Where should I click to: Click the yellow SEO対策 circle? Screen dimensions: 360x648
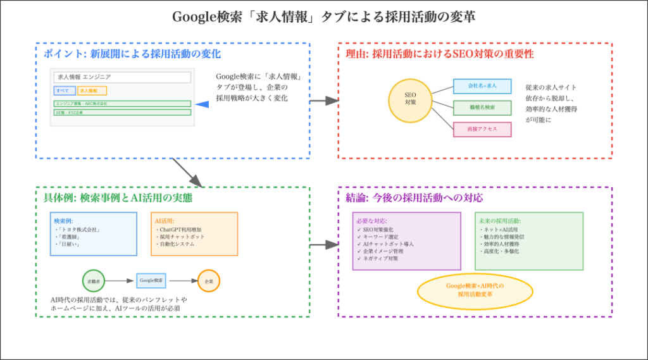(x=410, y=101)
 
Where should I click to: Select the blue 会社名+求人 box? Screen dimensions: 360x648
(x=482, y=85)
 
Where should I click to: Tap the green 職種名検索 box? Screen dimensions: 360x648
(x=482, y=108)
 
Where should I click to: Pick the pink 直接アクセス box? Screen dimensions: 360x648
(x=482, y=129)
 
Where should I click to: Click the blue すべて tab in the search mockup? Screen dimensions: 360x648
(x=65, y=90)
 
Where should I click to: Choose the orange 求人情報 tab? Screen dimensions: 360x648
(x=92, y=90)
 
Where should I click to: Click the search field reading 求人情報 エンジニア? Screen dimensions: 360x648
(x=122, y=77)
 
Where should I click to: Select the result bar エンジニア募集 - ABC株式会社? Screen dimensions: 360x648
(x=122, y=103)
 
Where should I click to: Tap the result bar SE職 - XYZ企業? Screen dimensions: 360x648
(x=122, y=112)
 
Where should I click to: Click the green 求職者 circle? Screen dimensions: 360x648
(x=94, y=280)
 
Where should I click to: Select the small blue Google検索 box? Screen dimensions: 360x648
(x=151, y=280)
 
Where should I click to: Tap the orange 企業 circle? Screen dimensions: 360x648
(x=209, y=280)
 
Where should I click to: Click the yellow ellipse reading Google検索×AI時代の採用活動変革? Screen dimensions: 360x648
(x=475, y=290)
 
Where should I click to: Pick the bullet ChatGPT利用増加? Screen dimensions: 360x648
(x=182, y=229)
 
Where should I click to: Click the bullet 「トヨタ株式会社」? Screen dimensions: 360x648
(x=79, y=229)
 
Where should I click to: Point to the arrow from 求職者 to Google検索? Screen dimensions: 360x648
(x=120, y=280)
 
